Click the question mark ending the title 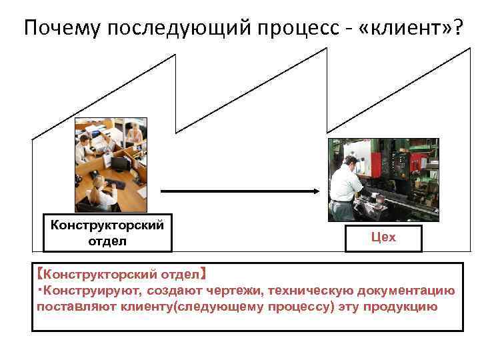point(454,28)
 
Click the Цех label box point(383,238)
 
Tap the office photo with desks point(111,165)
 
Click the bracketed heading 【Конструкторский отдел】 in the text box point(123,274)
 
